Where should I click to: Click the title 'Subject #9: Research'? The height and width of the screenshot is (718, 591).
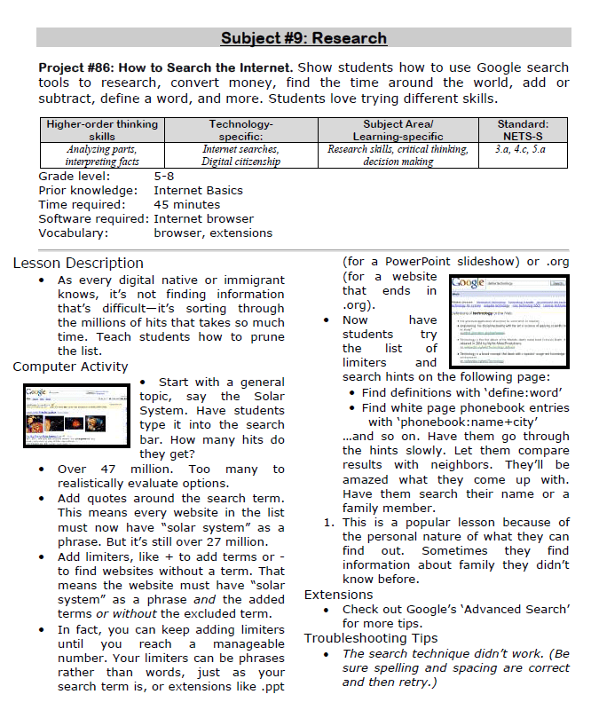(x=303, y=38)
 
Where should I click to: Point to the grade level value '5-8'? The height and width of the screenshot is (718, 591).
(x=164, y=177)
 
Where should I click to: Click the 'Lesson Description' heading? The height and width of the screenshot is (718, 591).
(x=78, y=263)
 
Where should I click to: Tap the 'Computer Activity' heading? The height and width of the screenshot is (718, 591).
(x=70, y=367)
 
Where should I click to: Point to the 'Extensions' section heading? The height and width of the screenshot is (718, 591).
(x=338, y=595)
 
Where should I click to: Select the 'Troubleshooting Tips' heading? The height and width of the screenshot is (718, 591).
(x=370, y=638)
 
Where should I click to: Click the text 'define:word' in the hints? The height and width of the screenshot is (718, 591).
(x=525, y=392)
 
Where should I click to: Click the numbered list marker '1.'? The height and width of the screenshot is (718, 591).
(x=327, y=523)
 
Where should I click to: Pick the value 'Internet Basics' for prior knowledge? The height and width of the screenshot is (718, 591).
(x=198, y=190)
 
